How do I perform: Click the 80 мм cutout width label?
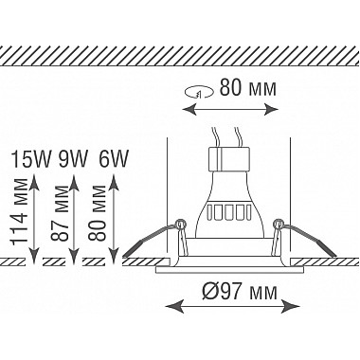coord(248,88)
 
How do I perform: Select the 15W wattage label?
coord(30,159)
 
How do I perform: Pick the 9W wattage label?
coord(72,159)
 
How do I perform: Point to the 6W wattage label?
coord(114,159)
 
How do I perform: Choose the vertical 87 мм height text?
coord(60,214)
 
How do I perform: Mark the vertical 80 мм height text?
coord(98,213)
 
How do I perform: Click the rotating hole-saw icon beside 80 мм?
coord(199,93)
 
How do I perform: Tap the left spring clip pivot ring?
coord(181,225)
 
